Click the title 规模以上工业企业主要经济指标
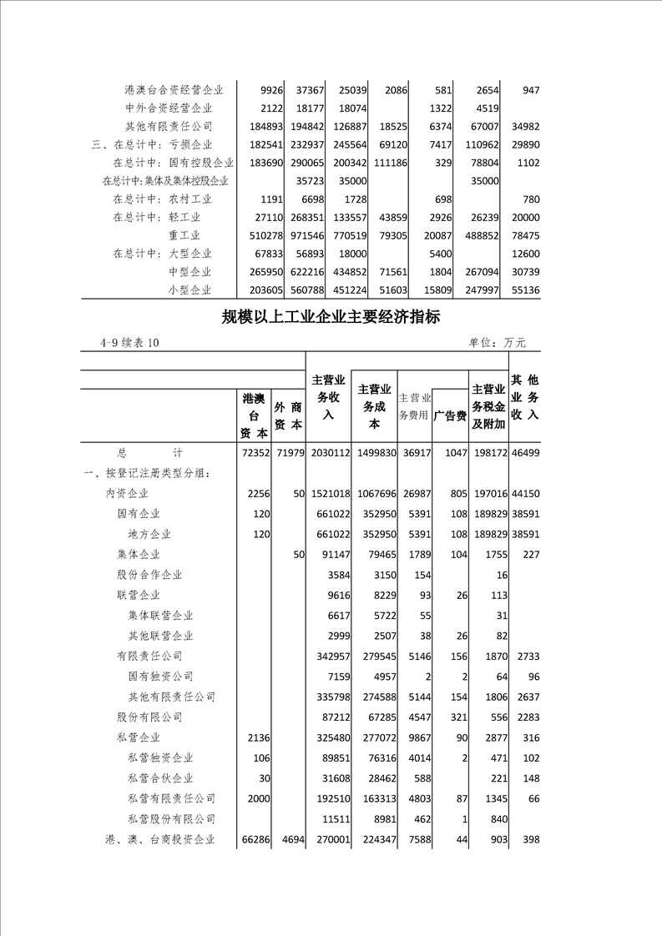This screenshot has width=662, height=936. [x=331, y=317]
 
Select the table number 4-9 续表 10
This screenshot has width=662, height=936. [x=129, y=343]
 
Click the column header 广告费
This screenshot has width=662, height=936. [x=449, y=415]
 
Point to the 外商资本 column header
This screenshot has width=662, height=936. [x=288, y=415]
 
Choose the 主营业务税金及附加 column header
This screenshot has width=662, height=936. [x=488, y=406]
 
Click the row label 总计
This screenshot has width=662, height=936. [x=149, y=452]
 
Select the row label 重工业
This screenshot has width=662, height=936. [x=190, y=235]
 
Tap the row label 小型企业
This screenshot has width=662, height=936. [x=190, y=290]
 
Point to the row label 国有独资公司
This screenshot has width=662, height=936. [x=160, y=677]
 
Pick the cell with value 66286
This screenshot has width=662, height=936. [x=252, y=840]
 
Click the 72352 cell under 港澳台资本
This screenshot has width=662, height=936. [x=252, y=452]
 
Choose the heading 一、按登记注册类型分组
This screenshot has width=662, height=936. [x=147, y=473]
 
